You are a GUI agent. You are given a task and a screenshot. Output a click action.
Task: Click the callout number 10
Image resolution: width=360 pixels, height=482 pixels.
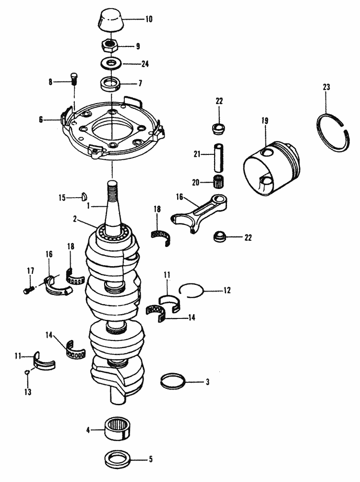149,20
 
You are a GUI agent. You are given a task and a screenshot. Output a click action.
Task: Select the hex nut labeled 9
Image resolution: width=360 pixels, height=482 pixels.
111,47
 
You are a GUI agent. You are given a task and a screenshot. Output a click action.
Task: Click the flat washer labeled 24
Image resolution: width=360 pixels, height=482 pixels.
111,63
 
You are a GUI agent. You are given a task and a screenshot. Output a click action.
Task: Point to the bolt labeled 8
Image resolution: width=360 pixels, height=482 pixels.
74,79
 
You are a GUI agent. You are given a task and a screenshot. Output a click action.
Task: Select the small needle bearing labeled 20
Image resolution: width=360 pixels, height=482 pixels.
219,182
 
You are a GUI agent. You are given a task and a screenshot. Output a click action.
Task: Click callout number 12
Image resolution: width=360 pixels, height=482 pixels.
227,290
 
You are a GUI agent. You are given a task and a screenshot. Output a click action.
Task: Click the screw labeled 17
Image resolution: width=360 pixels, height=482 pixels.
27,289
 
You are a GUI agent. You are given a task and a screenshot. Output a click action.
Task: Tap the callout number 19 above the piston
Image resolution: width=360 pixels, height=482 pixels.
264,121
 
